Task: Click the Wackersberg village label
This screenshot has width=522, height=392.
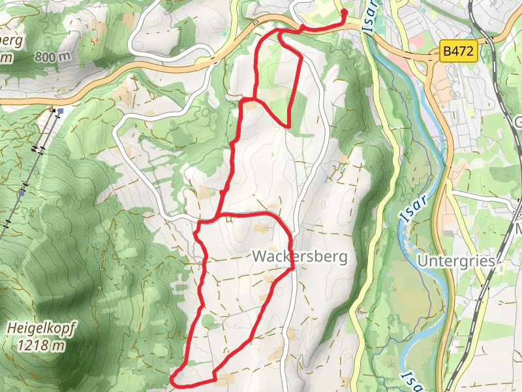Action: pyautogui.click(x=299, y=257)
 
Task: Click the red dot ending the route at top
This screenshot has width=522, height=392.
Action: pyautogui.click(x=344, y=12)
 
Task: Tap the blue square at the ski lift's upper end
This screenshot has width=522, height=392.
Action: pyautogui.click(x=60, y=112)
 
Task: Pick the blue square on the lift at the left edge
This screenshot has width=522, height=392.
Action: pyautogui.click(x=22, y=193)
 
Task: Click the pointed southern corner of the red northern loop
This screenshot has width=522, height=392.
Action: pyautogui.click(x=288, y=126)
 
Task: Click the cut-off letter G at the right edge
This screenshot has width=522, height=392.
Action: pyautogui.click(x=519, y=123)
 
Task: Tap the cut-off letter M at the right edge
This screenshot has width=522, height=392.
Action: pyautogui.click(x=519, y=230)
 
